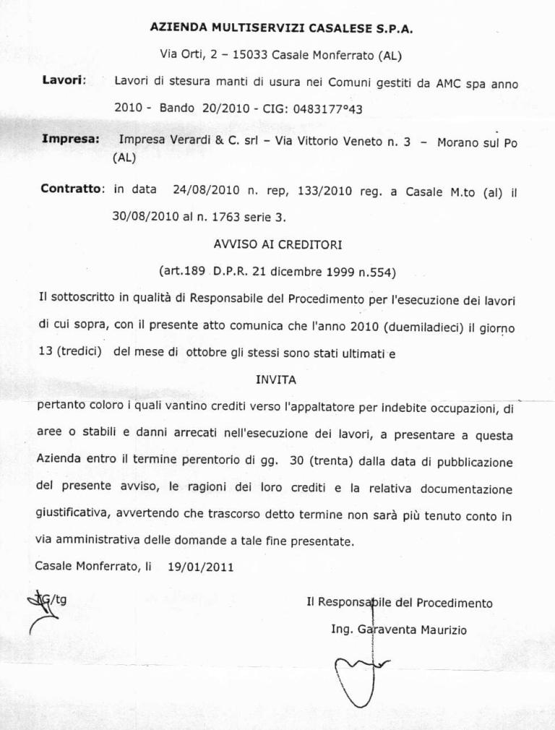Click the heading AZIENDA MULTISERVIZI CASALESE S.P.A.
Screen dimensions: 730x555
pos(281,28)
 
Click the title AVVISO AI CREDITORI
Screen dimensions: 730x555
pos(277,244)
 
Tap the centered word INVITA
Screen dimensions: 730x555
pos(276,379)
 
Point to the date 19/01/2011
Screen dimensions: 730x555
pos(200,567)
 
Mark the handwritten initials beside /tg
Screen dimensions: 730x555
pos(38,606)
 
